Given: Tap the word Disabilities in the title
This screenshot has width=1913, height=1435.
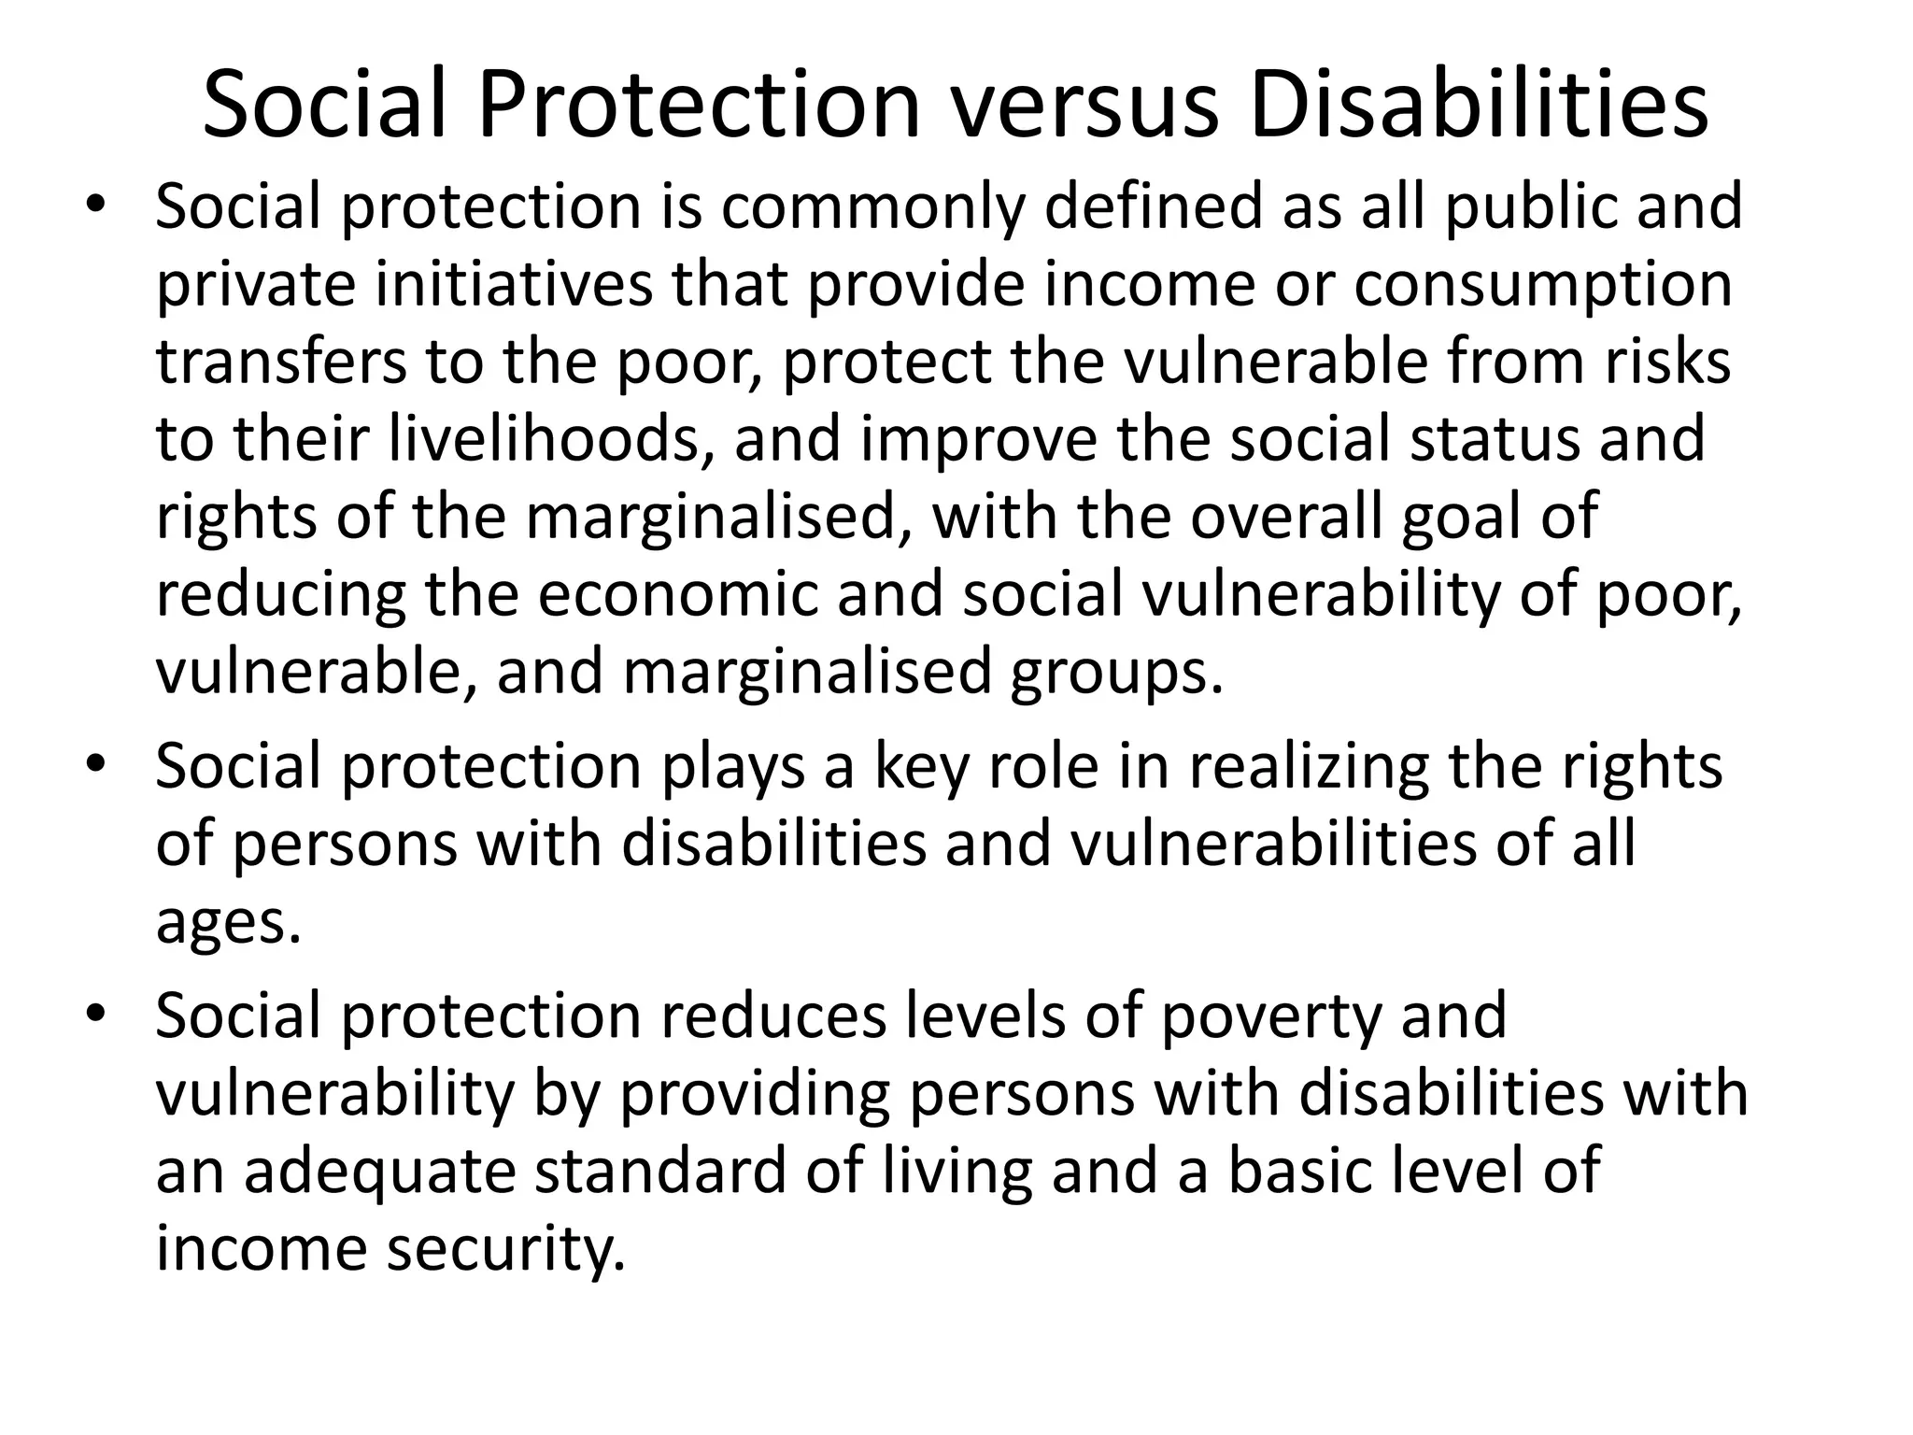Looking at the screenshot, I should pos(1479,105).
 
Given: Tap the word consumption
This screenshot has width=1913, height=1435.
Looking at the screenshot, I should pos(1543,286).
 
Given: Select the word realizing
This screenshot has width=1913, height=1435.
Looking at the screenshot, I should pos(1309,768).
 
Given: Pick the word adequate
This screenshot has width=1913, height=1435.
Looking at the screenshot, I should pos(380,1172).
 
